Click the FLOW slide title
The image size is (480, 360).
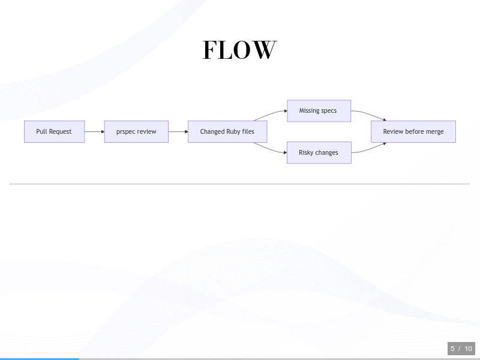point(239,50)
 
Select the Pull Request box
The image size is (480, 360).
point(54,131)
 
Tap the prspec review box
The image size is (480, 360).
point(136,131)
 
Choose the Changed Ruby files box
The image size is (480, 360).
point(227,131)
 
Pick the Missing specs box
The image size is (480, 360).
point(319,111)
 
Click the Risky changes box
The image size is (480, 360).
point(319,152)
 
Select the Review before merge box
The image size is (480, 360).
point(413,131)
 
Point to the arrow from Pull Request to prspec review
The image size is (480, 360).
point(95,131)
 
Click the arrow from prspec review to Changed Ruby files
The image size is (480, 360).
point(178,131)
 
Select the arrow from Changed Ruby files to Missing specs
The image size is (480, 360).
point(270,114)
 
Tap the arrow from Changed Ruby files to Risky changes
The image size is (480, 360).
point(270,149)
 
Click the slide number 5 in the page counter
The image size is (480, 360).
point(452,349)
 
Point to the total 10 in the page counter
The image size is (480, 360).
point(468,349)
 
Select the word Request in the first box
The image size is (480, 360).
point(60,131)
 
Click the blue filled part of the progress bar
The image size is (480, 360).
point(40,359)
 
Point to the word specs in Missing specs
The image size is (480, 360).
point(328,111)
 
